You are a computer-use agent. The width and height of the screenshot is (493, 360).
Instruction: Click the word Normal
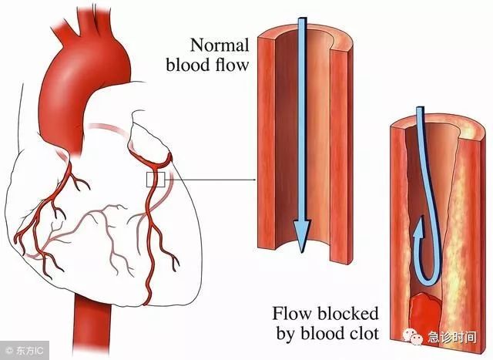[220, 45]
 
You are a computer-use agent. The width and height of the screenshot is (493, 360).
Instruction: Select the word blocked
[347, 314]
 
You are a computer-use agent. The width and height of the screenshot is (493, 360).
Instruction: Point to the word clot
[364, 333]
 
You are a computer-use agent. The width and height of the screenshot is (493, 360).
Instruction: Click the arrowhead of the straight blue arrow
[302, 235]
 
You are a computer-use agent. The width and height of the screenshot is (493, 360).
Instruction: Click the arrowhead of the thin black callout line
[254, 180]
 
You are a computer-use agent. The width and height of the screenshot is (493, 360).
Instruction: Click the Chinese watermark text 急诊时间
[451, 338]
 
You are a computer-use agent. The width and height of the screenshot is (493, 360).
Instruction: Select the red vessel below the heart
[91, 328]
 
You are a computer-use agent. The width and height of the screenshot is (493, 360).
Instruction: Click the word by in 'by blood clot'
[287, 335]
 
